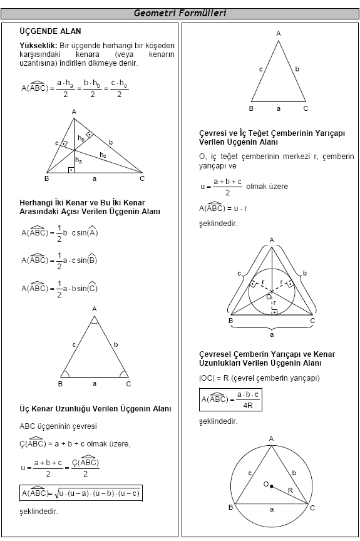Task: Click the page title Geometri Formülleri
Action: [180, 13]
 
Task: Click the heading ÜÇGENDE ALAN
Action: [50, 31]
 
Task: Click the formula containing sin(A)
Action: [60, 233]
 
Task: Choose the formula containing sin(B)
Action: [60, 260]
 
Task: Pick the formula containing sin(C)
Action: [60, 289]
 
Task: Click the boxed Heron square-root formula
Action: [81, 493]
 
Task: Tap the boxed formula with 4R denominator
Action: [230, 400]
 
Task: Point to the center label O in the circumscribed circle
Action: [265, 484]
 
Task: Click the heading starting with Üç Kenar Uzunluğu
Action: [95, 408]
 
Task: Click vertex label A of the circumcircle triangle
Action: [271, 438]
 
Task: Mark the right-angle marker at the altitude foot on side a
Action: [71, 170]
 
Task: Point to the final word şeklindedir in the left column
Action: [39, 512]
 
